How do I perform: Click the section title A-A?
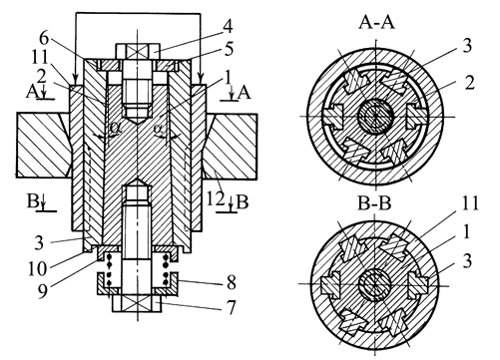tap(376, 23)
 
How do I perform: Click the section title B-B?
tap(374, 202)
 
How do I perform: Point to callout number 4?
tap(228, 26)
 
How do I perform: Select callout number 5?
tap(229, 49)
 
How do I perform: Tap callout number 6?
tap(44, 38)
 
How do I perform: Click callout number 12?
tap(216, 199)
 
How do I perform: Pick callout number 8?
tap(232, 282)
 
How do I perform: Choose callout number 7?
tap(231, 307)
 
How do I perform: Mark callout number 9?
tap(42, 290)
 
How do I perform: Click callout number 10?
tap(37, 268)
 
